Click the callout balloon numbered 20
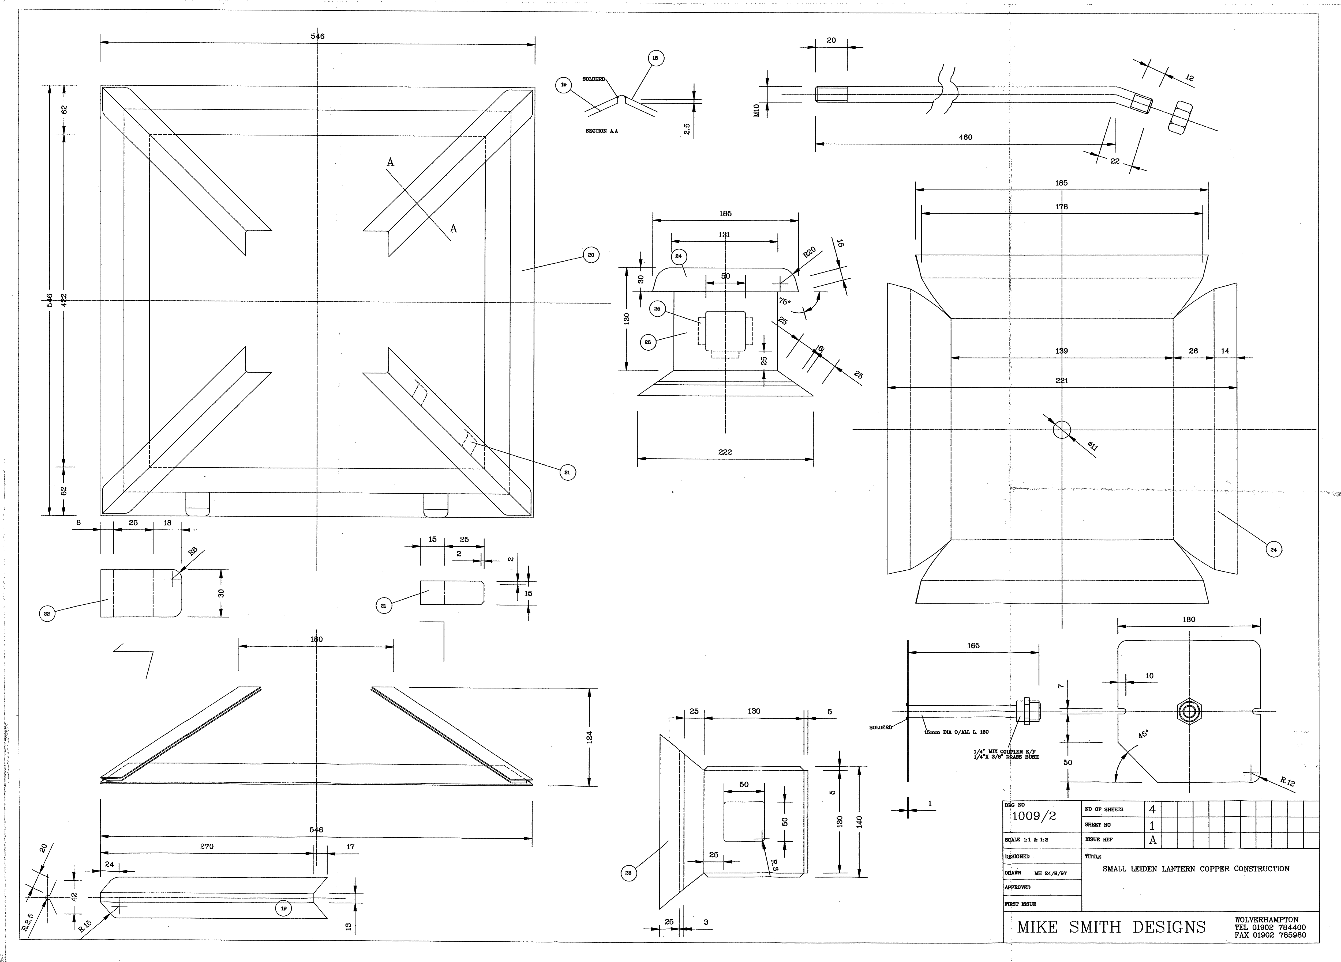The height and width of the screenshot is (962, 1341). (591, 255)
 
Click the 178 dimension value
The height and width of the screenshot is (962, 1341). (1061, 207)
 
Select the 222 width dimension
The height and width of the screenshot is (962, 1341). (725, 452)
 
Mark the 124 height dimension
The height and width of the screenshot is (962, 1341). (590, 737)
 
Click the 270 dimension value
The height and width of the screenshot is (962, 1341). (206, 846)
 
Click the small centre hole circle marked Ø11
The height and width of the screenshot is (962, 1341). (1062, 430)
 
